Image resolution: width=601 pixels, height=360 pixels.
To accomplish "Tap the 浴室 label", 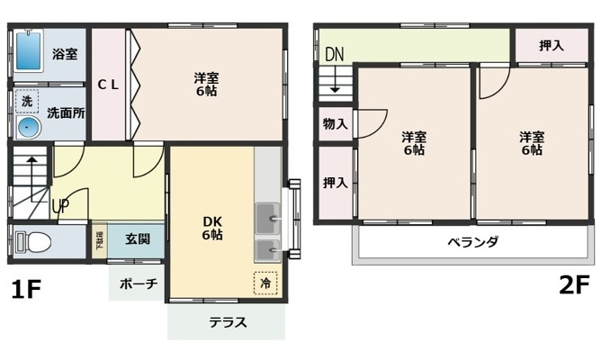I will pyautogui.click(x=64, y=54).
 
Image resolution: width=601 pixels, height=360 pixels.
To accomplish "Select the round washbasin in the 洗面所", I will pyautogui.click(x=27, y=127).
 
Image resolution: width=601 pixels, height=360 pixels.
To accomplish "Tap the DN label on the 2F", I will pyautogui.click(x=334, y=54).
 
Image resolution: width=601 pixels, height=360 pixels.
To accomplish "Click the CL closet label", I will pyautogui.click(x=108, y=85).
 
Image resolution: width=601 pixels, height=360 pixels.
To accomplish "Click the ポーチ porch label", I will pyautogui.click(x=138, y=283).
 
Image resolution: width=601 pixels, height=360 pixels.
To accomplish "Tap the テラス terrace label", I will pyautogui.click(x=227, y=322).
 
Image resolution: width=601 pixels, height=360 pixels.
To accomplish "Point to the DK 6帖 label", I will pyautogui.click(x=212, y=227).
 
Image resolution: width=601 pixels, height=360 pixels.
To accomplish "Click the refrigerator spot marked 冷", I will pyautogui.click(x=265, y=281).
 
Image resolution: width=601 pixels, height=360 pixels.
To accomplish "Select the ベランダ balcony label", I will pyautogui.click(x=472, y=242).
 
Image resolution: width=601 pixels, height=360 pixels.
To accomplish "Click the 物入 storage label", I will pyautogui.click(x=335, y=124).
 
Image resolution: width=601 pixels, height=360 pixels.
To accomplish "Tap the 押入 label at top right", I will pyautogui.click(x=551, y=46).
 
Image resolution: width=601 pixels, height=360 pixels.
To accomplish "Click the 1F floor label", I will pyautogui.click(x=26, y=290).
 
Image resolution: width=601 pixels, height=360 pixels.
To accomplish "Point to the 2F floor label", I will pyautogui.click(x=574, y=285).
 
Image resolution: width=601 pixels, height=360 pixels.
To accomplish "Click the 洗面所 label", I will pyautogui.click(x=65, y=113).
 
